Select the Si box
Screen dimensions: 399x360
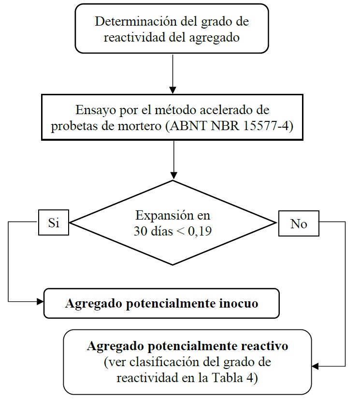pos(53,223)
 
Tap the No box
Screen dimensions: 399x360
pos(298,224)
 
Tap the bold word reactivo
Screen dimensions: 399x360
pos(263,346)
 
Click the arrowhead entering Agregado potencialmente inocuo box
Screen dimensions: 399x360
pos(41,301)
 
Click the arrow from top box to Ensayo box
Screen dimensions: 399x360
pos(173,73)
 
